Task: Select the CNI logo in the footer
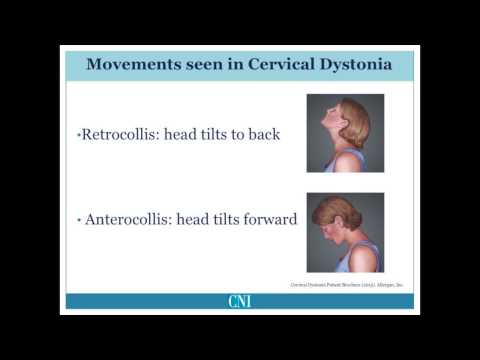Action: [240, 301]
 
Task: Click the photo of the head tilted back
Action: [345, 133]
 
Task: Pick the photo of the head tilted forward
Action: [345, 232]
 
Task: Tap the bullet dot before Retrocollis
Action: [77, 135]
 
